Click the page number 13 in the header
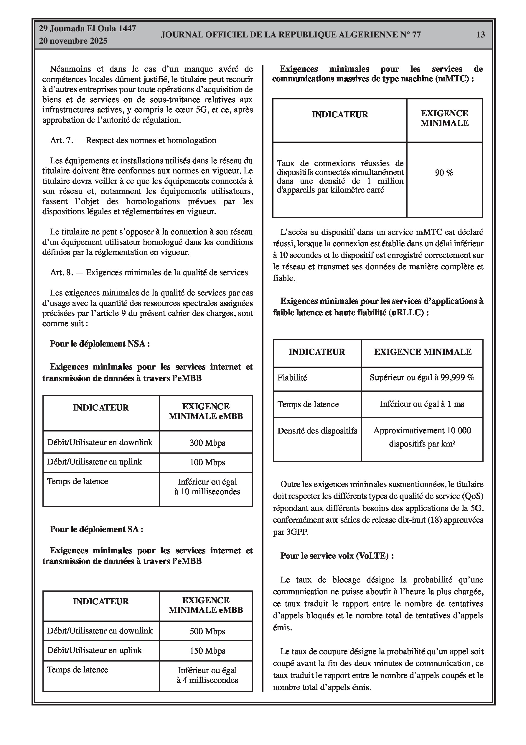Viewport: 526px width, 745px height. click(x=480, y=35)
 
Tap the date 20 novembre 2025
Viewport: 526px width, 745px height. click(x=73, y=41)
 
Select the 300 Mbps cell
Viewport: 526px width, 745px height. click(x=207, y=443)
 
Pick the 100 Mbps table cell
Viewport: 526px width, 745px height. click(x=207, y=462)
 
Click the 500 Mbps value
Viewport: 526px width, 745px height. click(x=207, y=631)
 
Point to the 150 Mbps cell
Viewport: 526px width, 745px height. click(x=207, y=651)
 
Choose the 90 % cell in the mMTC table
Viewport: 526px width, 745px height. click(x=444, y=173)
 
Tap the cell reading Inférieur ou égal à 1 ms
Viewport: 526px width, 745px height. click(x=422, y=404)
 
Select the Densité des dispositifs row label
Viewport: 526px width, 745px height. click(x=317, y=431)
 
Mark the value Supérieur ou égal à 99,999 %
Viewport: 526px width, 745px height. click(x=422, y=378)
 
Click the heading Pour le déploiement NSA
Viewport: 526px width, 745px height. click(x=100, y=344)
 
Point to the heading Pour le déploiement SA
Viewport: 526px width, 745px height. click(x=97, y=529)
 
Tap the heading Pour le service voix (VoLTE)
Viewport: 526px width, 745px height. click(x=337, y=556)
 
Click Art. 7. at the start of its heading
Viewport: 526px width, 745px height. click(x=62, y=140)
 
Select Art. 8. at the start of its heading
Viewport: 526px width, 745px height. click(x=62, y=273)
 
